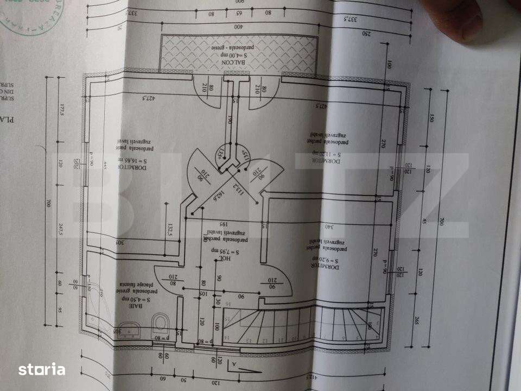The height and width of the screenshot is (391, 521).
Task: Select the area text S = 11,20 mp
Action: coord(324,154)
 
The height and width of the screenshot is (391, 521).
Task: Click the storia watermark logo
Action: coord(42,370)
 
